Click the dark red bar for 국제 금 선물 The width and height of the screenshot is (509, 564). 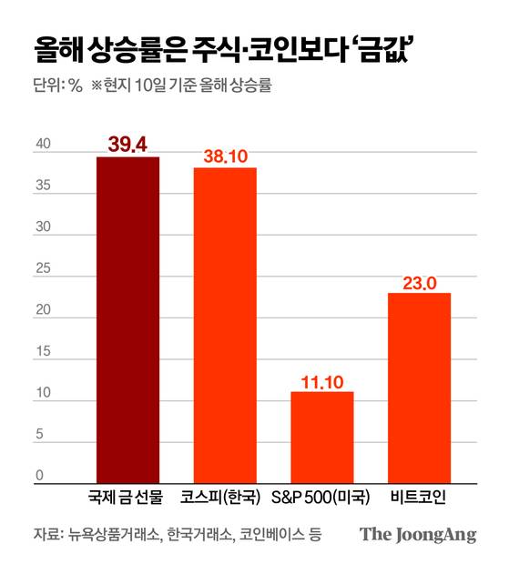tap(127, 318)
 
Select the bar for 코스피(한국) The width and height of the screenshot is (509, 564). tap(225, 324)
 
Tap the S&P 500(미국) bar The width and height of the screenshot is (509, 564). tap(321, 437)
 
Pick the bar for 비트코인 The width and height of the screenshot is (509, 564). tap(419, 387)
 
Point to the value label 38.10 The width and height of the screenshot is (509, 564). tap(225, 156)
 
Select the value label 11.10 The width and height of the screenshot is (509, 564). tap(321, 380)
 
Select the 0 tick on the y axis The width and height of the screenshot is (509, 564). tap(39, 475)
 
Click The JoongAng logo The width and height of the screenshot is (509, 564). tap(418, 535)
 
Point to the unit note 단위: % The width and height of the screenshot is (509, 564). tap(57, 87)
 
